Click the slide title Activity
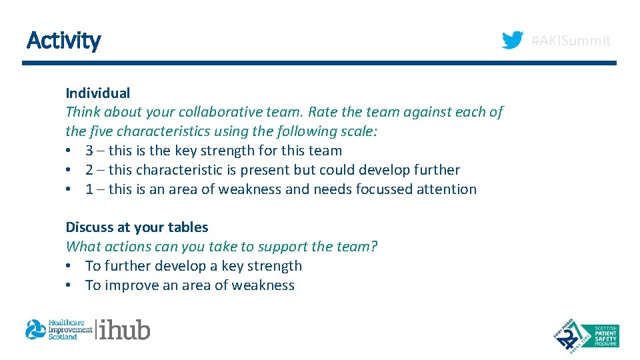63,41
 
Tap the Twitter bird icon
513,41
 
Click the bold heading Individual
97,93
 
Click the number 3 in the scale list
89,151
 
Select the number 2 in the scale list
89,170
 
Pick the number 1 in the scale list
89,189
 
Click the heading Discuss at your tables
137,227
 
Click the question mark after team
374,247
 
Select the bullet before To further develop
69,266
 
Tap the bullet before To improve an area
69,285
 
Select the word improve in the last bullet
129,285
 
